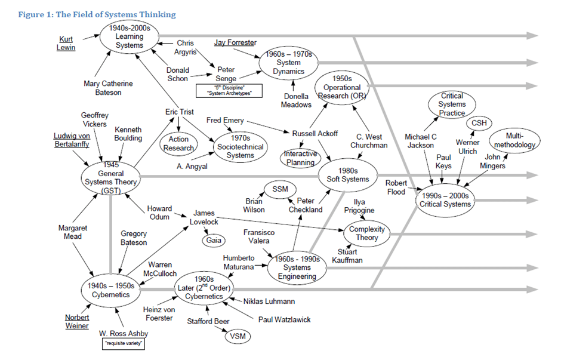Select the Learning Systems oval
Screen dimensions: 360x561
(x=130, y=37)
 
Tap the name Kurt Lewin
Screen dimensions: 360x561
(x=66, y=44)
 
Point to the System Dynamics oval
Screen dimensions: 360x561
(x=288, y=63)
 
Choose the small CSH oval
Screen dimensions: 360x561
(x=479, y=122)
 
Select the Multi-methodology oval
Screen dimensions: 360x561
(x=514, y=140)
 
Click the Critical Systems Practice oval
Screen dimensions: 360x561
(x=452, y=104)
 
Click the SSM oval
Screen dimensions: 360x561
(x=280, y=189)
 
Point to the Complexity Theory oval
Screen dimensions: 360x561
(x=367, y=233)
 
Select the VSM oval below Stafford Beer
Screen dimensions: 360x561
(x=237, y=336)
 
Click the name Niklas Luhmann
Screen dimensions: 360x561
(x=269, y=301)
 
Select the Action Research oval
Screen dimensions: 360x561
(x=178, y=144)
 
